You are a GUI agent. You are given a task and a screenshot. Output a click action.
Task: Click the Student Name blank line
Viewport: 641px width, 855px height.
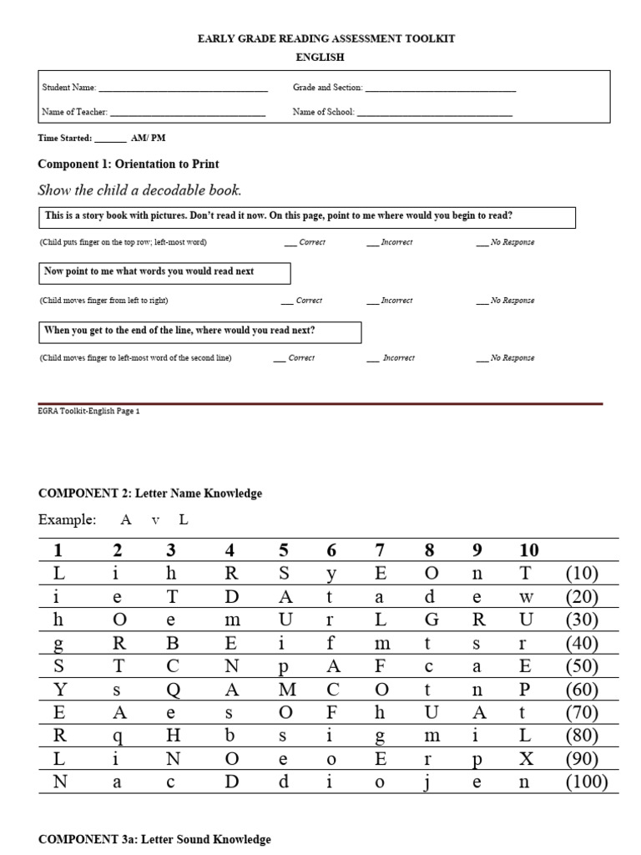(183, 89)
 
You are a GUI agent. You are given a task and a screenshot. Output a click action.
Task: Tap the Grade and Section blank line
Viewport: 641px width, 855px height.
(440, 89)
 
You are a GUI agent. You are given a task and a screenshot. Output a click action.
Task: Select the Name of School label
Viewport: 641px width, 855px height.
(323, 112)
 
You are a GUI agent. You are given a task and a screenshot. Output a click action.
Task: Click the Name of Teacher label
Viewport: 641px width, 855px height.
(74, 112)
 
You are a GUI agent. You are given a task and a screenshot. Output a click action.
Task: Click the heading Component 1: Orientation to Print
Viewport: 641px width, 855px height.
(129, 164)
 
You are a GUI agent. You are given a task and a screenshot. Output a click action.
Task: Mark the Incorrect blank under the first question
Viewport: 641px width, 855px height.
(371, 243)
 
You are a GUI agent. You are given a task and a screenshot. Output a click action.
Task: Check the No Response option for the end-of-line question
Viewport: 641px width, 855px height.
(482, 358)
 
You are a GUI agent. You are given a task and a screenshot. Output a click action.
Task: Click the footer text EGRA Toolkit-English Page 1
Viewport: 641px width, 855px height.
(89, 412)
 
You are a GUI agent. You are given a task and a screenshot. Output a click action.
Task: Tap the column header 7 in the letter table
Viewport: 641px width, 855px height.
(380, 550)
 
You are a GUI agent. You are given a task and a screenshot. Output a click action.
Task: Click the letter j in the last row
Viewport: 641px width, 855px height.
(429, 783)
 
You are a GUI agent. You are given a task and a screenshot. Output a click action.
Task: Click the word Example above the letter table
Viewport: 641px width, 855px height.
(67, 519)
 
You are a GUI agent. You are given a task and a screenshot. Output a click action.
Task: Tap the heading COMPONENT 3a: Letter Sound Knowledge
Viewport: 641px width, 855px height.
(154, 839)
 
